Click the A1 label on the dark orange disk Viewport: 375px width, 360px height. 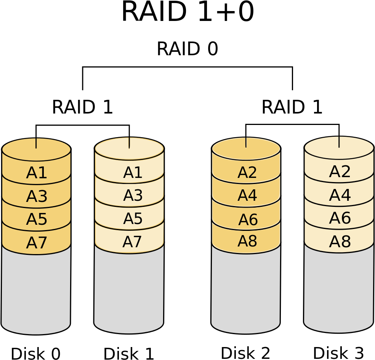(x=37, y=173)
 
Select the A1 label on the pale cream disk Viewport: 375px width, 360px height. (x=133, y=173)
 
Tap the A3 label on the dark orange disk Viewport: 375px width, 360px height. (x=37, y=197)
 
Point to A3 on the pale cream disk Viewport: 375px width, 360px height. (x=133, y=196)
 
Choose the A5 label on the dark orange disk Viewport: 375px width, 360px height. (x=37, y=220)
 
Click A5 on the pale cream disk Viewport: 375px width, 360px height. (x=133, y=219)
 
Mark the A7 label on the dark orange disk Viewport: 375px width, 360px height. (x=37, y=243)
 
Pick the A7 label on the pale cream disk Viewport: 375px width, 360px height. (x=132, y=242)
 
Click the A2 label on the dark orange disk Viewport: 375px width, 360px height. (x=247, y=173)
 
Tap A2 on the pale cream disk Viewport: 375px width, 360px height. (x=340, y=172)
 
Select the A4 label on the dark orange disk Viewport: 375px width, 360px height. (x=247, y=196)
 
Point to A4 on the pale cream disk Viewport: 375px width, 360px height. (x=340, y=196)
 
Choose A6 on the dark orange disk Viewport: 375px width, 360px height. (x=248, y=220)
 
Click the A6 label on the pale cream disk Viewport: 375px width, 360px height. (x=340, y=219)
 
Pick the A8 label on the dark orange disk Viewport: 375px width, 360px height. (x=247, y=242)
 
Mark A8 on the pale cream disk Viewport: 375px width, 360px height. (x=340, y=242)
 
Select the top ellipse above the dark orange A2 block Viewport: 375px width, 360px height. (x=246, y=149)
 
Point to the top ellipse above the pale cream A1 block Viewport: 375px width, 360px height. (x=129, y=149)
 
